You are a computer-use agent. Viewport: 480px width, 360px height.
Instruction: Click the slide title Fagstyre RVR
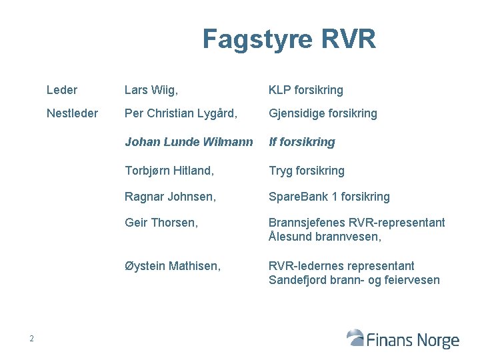[x=289, y=39]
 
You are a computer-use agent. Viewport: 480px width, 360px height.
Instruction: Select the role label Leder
[x=62, y=90]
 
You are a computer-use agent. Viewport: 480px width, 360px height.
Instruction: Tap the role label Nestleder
[x=72, y=113]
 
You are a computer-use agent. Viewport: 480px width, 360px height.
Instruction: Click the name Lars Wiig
[x=151, y=90]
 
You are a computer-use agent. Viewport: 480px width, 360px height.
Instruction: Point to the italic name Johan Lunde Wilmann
[x=189, y=142]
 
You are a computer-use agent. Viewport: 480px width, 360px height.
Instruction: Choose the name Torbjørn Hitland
[x=169, y=171]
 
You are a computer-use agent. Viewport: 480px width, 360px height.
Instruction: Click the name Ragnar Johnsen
[x=170, y=197]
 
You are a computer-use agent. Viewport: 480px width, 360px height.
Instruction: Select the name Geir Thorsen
[x=161, y=223]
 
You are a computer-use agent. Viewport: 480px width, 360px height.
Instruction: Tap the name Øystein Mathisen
[x=172, y=266]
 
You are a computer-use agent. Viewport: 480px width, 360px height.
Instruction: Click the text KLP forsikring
[x=305, y=90]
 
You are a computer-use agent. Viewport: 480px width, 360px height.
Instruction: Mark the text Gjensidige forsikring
[x=323, y=113]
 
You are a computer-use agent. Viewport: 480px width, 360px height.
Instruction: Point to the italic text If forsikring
[x=301, y=142]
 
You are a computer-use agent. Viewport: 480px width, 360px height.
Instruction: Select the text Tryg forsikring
[x=306, y=171]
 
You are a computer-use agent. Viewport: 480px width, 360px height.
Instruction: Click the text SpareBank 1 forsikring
[x=329, y=197]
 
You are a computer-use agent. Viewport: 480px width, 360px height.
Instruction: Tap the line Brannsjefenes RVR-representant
[x=357, y=223]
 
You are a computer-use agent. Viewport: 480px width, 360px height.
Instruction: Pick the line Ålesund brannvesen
[x=325, y=237]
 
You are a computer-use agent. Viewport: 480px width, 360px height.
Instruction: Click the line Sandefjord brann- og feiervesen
[x=354, y=280]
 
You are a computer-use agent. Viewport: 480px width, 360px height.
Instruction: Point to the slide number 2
[x=31, y=339]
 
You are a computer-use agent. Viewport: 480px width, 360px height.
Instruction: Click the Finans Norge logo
[x=403, y=339]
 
